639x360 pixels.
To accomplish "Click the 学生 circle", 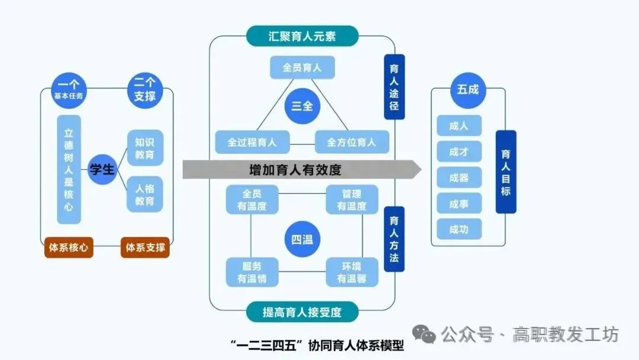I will pos(102,169).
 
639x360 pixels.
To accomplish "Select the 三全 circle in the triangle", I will pos(302,107).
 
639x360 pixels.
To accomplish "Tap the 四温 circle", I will pos(302,240).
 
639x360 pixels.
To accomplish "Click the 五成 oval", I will pos(467,90).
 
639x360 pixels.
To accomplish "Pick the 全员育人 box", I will pos(302,68).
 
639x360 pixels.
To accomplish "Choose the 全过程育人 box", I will pos(251,142).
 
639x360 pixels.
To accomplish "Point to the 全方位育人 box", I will pos(352,142).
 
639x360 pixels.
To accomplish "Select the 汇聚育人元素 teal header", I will pos(302,36).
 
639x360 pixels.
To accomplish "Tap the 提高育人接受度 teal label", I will pos(302,312).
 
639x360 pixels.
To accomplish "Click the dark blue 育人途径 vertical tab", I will pos(394,87).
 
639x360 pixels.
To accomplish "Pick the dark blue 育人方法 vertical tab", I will pos(394,239).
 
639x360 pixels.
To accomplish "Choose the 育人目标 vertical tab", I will pos(506,172).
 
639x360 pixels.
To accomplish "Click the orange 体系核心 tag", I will pos(70,247).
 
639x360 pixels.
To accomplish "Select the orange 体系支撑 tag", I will pos(145,247).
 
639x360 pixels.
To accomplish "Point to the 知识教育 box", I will pos(145,148).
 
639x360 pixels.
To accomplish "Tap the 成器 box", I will pos(459,177).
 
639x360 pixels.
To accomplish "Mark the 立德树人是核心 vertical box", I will pos(69,169).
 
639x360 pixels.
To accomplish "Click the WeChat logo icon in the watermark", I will pos(425,335).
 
